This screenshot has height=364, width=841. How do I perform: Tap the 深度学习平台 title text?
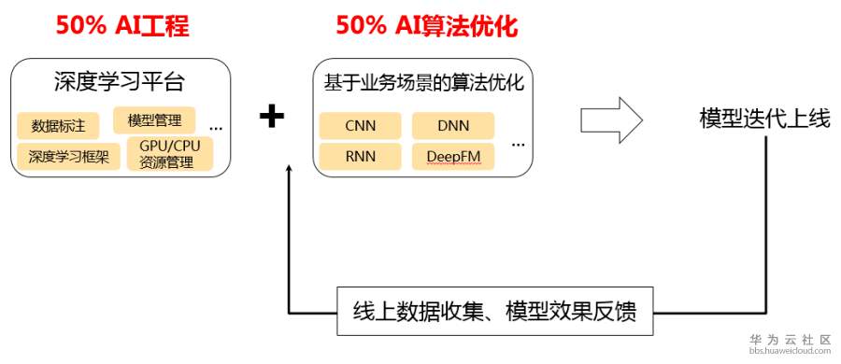(120, 83)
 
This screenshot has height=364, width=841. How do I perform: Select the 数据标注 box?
(58, 125)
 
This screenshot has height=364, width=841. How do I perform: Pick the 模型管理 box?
(154, 120)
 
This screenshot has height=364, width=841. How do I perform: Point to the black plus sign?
(271, 117)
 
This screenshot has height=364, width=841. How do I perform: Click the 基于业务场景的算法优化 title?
(422, 83)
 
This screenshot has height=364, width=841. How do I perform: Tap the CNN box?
(360, 126)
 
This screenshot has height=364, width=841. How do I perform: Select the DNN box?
(453, 126)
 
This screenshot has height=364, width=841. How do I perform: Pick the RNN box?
(360, 156)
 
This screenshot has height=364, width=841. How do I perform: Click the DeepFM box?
(453, 156)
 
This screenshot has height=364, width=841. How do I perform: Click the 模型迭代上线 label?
(764, 119)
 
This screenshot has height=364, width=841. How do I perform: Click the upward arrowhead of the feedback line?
(290, 169)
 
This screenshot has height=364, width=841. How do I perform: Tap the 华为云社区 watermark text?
(791, 340)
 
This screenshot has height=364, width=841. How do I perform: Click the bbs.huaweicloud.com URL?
(791, 355)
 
